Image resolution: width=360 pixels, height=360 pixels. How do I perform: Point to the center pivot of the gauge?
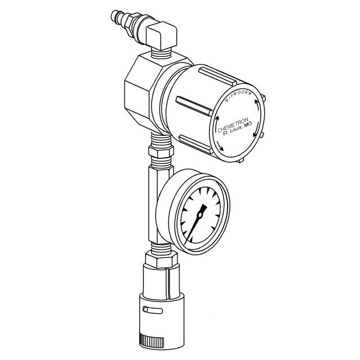[x=199, y=215]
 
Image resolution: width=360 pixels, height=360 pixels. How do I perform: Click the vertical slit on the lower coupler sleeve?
[x=167, y=287]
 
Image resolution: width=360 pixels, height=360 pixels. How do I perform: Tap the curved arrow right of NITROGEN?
[x=259, y=105]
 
